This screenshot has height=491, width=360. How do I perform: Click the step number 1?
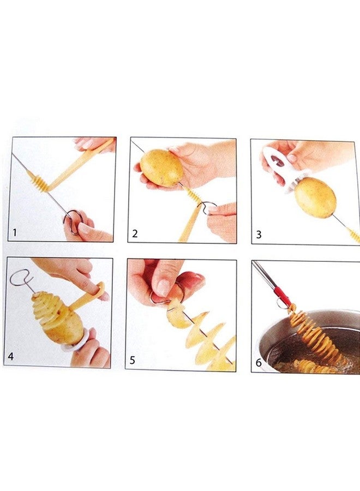pos(14,232)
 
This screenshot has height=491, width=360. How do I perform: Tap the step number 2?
pos(135,233)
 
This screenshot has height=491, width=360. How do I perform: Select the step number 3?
pos(259,235)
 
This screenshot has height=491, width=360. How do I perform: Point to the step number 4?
pos(11,356)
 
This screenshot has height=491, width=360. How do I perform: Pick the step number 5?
pos(133,360)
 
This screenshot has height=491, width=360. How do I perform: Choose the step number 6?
pos(259,363)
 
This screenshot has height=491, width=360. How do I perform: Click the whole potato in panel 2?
pos(161,169)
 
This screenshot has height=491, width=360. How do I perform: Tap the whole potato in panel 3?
pos(315,197)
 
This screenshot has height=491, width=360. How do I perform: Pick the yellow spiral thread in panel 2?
pos(191,194)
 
